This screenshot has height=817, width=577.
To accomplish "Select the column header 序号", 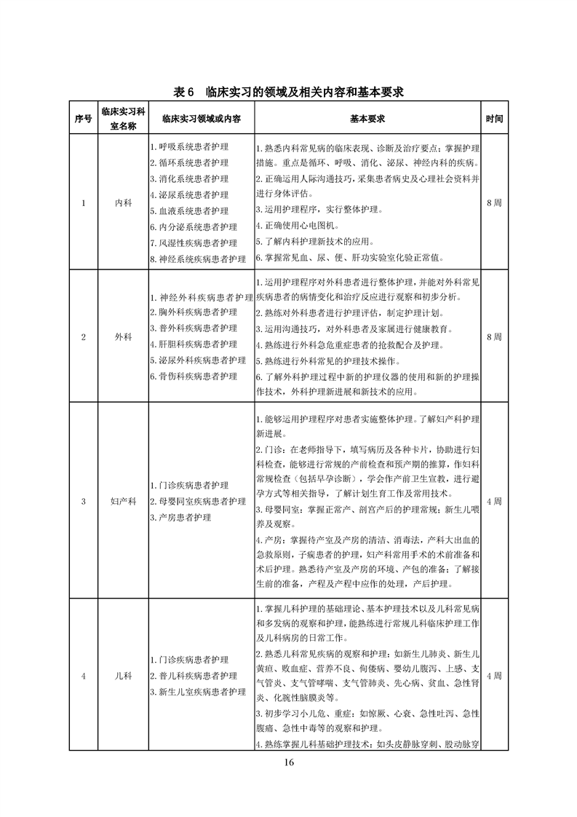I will pos(83,119).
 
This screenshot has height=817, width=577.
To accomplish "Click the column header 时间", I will pos(494,119).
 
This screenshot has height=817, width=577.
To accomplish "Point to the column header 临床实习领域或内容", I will pos(202,119).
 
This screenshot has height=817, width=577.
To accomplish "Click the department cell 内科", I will pos(123,203).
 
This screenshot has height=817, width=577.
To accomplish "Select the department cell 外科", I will pos(123,336).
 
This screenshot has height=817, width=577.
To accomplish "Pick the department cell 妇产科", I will pos(123,501).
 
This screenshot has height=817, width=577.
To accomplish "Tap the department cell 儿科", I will pos(123,676).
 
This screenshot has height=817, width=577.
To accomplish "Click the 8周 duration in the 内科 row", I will pos(494,203).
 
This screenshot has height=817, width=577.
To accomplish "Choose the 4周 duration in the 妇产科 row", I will pos(494,501).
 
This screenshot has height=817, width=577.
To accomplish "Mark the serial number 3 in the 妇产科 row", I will pos(83,501).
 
